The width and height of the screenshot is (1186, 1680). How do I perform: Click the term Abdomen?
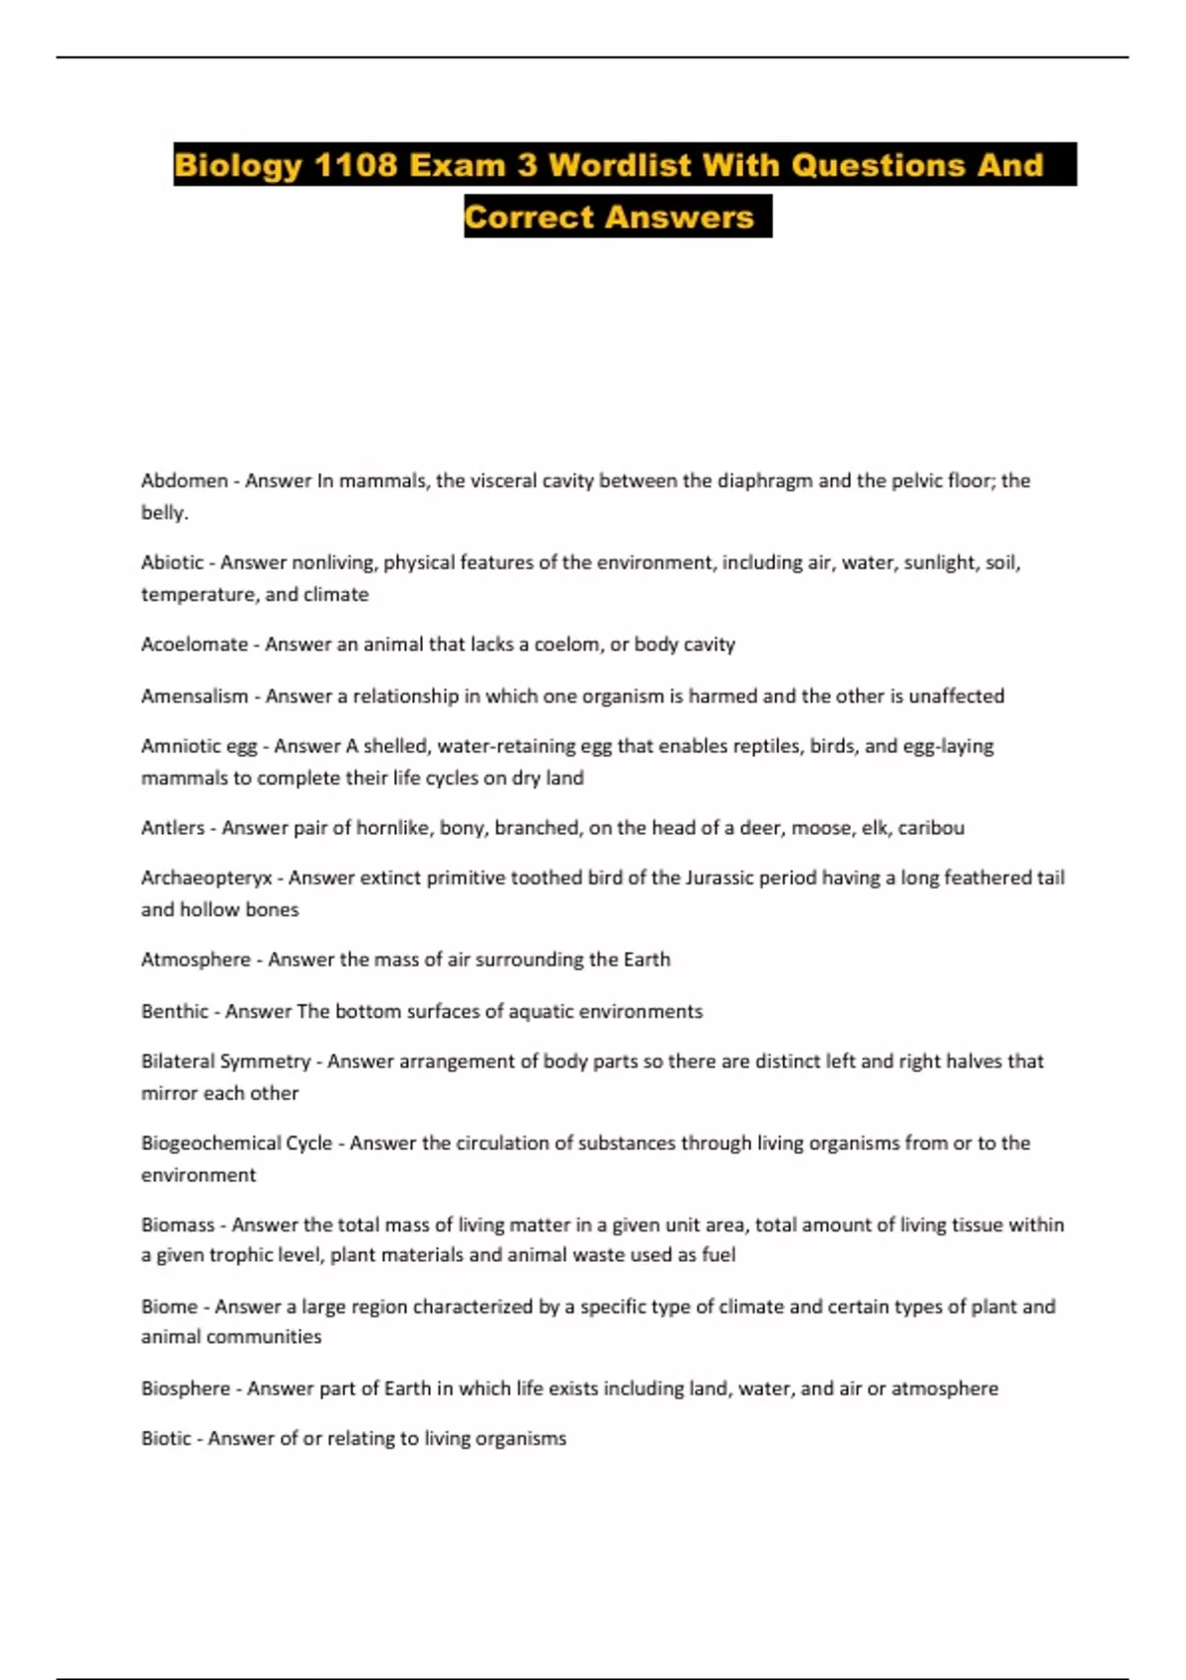coord(184,481)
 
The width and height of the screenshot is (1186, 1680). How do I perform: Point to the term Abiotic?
coord(172,562)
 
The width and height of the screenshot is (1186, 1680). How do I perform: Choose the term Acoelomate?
coord(194,644)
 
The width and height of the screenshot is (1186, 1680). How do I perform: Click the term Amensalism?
coord(195,696)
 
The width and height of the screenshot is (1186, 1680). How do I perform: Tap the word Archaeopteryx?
coord(206,878)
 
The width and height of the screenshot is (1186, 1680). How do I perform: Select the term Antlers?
coord(173,828)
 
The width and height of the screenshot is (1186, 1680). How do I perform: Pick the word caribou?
coord(930,828)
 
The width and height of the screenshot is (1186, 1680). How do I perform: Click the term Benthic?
coord(174,1011)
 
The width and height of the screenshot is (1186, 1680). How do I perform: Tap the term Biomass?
coord(178,1224)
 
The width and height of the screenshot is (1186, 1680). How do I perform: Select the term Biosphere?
coord(186,1388)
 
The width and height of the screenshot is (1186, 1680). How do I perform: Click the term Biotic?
coord(166,1439)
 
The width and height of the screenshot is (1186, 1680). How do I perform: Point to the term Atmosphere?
coord(196,960)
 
